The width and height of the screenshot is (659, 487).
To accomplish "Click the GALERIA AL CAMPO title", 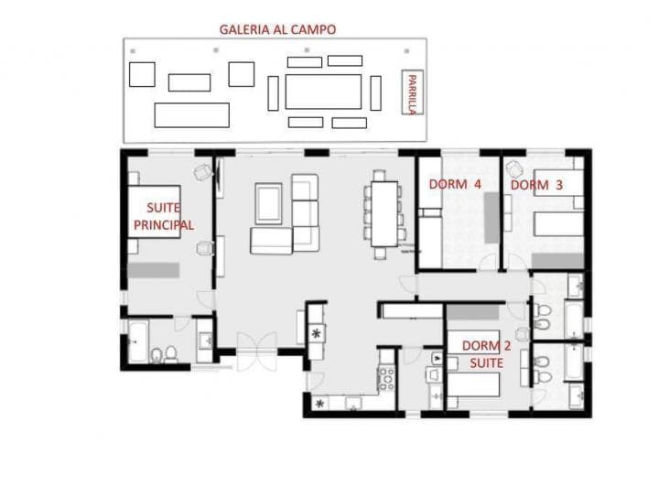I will click(277, 29).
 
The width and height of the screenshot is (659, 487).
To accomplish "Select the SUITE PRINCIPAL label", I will click(164, 217).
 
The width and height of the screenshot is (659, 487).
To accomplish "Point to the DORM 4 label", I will click(455, 184).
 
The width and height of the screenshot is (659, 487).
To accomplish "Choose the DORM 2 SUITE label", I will click(481, 354).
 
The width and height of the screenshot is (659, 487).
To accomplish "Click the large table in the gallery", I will click(323, 92).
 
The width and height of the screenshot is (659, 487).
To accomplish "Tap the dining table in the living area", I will click(384, 213).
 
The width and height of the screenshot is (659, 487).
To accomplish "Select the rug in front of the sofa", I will click(268, 203).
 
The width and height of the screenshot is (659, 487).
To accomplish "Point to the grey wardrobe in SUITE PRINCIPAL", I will click(154, 271).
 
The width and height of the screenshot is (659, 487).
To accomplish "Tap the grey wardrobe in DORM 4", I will click(492, 218).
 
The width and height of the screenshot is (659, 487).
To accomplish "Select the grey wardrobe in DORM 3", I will click(557, 261).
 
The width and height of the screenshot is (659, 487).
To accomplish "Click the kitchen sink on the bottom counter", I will click(352, 402).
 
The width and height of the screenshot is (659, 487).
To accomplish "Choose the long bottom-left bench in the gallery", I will click(191, 115).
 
